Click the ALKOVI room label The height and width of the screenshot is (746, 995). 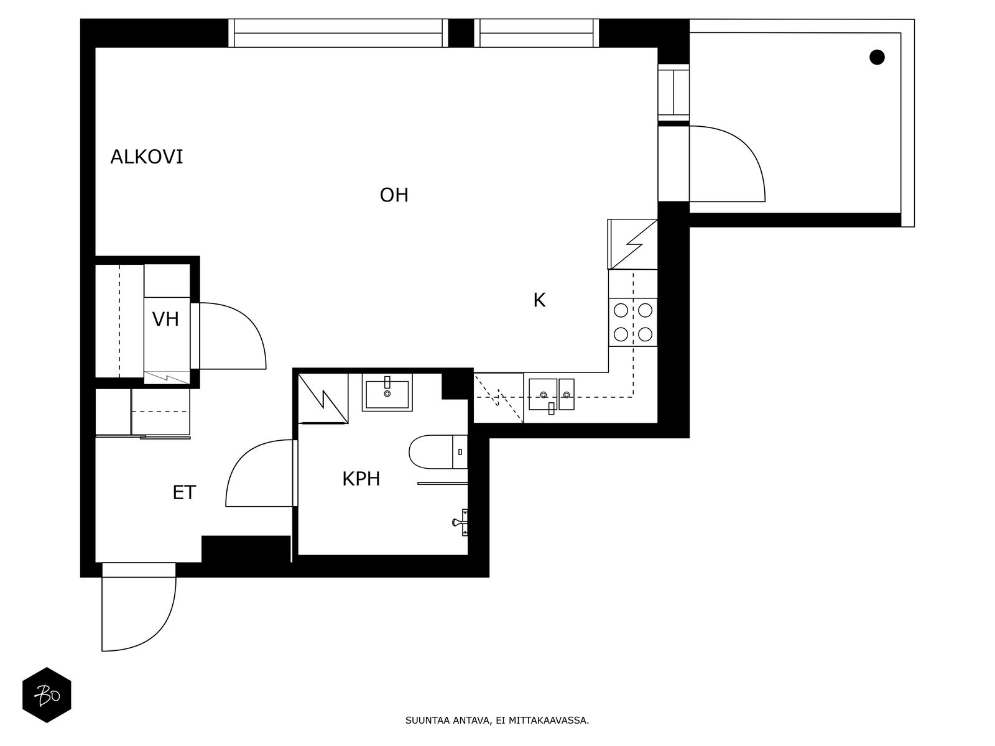(x=147, y=157)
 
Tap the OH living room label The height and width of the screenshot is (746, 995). (x=394, y=195)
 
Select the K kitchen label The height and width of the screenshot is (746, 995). (x=539, y=300)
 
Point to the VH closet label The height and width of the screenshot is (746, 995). (x=165, y=320)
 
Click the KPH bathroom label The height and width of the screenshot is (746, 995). (x=361, y=479)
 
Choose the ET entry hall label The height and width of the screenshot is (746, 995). (x=184, y=493)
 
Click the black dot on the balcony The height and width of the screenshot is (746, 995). (x=877, y=57)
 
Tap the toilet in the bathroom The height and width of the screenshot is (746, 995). (x=435, y=451)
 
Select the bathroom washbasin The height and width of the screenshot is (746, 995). (x=387, y=392)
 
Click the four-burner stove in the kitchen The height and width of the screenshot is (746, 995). (x=633, y=322)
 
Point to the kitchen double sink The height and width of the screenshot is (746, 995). (x=552, y=395)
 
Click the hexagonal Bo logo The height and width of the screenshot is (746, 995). (x=47, y=695)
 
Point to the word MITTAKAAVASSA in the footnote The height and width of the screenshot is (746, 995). (x=548, y=721)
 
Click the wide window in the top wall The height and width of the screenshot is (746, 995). (x=338, y=33)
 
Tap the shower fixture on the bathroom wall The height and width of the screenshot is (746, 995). (x=461, y=521)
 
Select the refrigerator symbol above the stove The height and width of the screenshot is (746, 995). (x=632, y=244)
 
